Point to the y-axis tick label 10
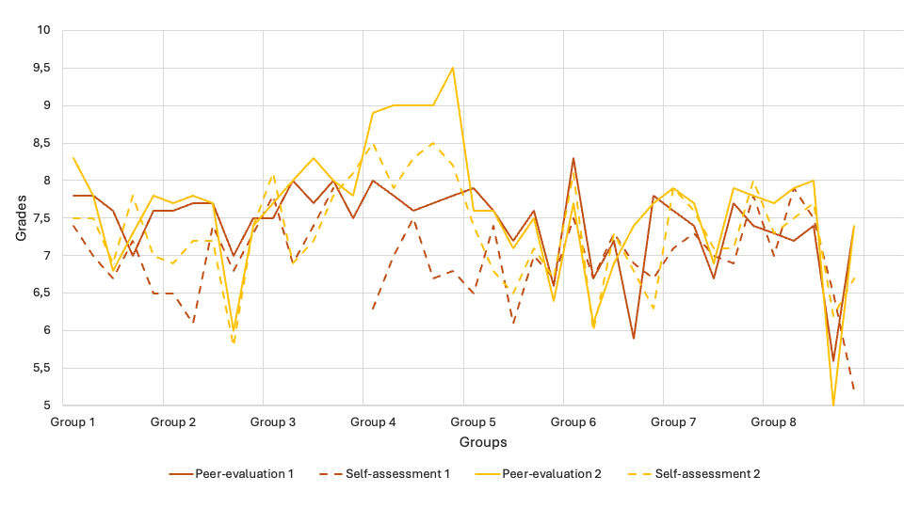click(x=43, y=30)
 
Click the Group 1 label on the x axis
click(x=73, y=422)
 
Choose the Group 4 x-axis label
click(x=373, y=422)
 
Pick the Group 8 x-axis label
click(x=773, y=422)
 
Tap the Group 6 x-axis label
click(x=573, y=422)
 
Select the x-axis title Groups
click(x=483, y=442)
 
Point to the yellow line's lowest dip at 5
click(x=833, y=405)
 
